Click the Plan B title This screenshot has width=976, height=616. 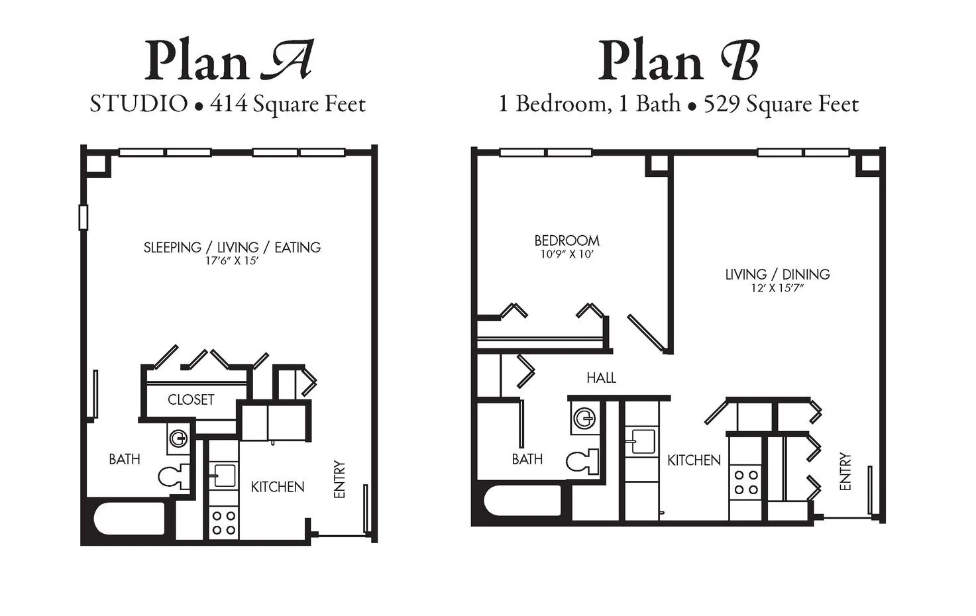click(678, 61)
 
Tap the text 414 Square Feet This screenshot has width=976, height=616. click(288, 104)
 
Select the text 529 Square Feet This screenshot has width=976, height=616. click(781, 104)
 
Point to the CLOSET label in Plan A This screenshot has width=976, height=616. click(191, 399)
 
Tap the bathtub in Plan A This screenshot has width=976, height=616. click(129, 519)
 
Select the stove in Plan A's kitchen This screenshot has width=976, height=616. click(224, 523)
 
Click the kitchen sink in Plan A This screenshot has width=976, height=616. click(224, 475)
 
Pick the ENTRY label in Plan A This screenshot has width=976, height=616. click(339, 480)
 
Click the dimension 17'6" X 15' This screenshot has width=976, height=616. click(231, 261)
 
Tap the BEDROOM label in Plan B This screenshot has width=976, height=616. click(567, 240)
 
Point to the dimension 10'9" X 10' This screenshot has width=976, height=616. click(567, 254)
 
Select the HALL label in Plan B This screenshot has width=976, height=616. click(601, 378)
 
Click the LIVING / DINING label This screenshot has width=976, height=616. click(777, 274)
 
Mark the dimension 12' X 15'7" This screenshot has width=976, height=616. click(777, 288)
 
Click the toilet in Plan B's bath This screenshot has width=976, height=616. click(582, 461)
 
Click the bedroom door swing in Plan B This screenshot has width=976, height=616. click(645, 333)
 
